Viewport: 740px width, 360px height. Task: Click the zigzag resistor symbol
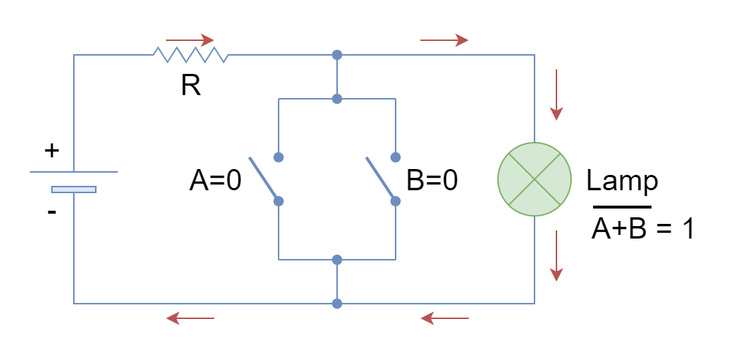coord(191,55)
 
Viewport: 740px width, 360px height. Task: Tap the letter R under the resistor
coord(191,86)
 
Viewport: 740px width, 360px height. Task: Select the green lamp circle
coord(535,179)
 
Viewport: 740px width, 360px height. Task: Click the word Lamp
coord(622,181)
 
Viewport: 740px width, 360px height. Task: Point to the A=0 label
coord(215,181)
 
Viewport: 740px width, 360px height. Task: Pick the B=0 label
coord(432,181)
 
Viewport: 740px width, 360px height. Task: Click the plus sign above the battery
coord(52,151)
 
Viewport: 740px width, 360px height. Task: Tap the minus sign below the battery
coord(52,212)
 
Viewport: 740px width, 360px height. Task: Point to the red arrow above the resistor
coord(189,40)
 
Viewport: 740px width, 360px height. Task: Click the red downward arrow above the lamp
coord(556,94)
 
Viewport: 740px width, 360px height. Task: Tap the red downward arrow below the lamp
coord(556,255)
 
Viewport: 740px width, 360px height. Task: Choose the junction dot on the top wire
coord(336,55)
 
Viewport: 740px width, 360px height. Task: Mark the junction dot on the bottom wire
coord(336,304)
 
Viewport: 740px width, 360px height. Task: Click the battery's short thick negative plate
coord(74,190)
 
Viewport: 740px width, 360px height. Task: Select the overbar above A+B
coord(622,207)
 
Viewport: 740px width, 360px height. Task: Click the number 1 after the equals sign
coord(687,229)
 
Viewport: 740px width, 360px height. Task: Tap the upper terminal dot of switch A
coord(279,157)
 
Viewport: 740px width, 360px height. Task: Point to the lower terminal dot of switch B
coord(396,201)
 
